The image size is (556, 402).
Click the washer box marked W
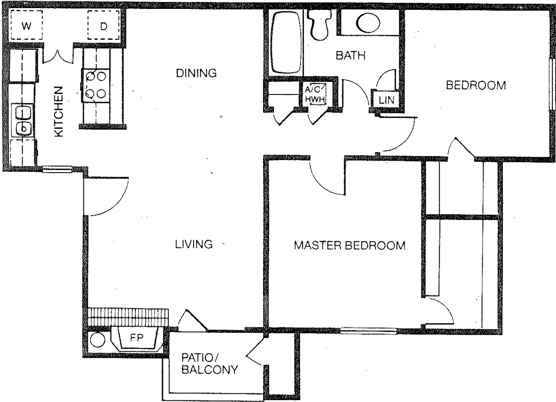click(x=26, y=25)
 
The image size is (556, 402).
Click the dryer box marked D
click(x=104, y=25)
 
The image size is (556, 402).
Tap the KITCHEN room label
click(x=59, y=111)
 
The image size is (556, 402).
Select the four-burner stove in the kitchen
click(x=96, y=85)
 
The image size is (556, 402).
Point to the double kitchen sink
click(x=23, y=120)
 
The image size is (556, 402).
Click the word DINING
click(x=196, y=73)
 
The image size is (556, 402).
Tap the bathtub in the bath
click(x=286, y=42)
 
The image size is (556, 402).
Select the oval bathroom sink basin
click(x=368, y=23)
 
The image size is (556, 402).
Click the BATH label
click(x=351, y=55)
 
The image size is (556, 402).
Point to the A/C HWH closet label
click(x=315, y=94)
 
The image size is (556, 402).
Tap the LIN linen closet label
click(x=387, y=100)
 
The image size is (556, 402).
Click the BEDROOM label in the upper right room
click(x=476, y=85)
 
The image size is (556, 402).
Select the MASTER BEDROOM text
click(x=349, y=245)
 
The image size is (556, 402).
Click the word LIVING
click(x=194, y=244)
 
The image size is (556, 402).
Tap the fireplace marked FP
click(x=136, y=339)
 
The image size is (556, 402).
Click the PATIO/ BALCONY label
click(x=210, y=364)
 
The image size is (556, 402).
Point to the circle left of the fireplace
click(x=97, y=340)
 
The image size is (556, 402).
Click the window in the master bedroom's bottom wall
click(x=369, y=331)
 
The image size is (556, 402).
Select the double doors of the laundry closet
click(x=59, y=56)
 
